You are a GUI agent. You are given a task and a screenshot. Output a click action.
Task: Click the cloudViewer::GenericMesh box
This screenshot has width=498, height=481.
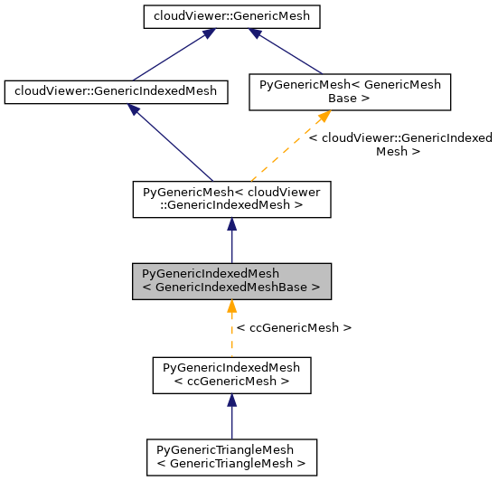(x=231, y=15)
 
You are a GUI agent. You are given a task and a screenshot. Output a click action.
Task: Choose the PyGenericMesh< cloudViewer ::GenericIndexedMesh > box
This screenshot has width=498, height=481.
(x=231, y=198)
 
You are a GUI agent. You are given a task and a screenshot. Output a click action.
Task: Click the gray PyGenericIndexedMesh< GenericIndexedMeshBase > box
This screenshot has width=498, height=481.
(x=231, y=281)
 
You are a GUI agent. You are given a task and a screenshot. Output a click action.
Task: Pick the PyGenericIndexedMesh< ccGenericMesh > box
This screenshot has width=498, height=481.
(x=231, y=374)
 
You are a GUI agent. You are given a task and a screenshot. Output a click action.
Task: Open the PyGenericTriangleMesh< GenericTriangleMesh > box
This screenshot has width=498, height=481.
(x=231, y=457)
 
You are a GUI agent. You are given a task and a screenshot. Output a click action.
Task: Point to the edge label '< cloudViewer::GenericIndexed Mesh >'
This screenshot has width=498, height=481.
(x=400, y=145)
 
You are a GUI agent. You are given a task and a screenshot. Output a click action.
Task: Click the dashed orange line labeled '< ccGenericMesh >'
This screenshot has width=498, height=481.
(x=231, y=339)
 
